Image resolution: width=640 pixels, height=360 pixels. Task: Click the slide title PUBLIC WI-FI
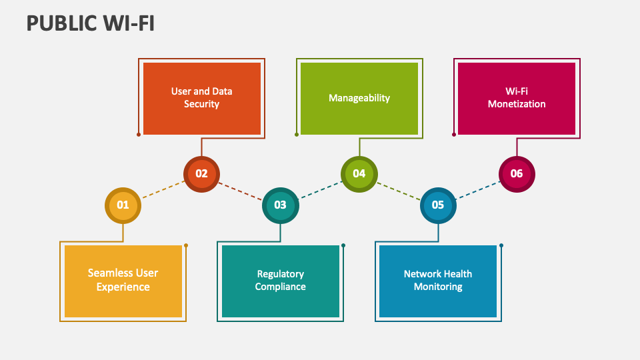(x=91, y=23)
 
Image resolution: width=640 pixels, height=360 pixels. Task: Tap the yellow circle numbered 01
(x=123, y=205)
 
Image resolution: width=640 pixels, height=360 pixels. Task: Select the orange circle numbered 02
(x=201, y=174)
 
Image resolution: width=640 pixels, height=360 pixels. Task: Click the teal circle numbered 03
(x=280, y=205)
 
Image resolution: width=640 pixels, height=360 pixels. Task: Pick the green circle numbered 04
(x=359, y=174)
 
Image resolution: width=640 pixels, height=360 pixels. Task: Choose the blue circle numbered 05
(x=438, y=205)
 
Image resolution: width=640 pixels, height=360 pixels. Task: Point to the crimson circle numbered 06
(x=517, y=174)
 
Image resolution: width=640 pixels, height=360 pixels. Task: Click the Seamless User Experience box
(x=123, y=281)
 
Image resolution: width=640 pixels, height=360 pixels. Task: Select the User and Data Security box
(x=202, y=98)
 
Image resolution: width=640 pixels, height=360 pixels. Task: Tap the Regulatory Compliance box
(x=281, y=281)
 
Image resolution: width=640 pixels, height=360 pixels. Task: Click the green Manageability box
(x=359, y=98)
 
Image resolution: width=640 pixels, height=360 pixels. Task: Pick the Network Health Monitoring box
(x=438, y=281)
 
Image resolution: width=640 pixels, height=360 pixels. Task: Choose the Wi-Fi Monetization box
(x=517, y=98)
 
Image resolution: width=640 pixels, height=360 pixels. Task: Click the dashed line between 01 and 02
(x=162, y=189)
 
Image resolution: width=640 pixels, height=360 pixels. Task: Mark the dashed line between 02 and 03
(x=241, y=190)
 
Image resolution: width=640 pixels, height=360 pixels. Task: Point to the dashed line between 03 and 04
(x=320, y=189)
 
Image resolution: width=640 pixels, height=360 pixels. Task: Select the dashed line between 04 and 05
(x=399, y=190)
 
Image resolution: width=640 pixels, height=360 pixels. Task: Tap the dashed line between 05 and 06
(x=477, y=189)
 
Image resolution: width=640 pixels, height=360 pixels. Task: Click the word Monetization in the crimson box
(x=517, y=104)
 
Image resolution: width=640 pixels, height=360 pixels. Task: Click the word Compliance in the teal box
(x=281, y=287)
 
